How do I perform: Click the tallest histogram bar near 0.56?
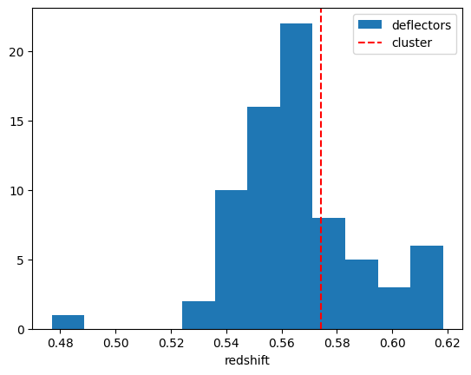click(x=296, y=176)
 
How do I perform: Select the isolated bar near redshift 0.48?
click(x=69, y=322)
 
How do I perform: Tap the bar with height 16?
click(x=264, y=218)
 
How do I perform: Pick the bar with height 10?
click(x=232, y=260)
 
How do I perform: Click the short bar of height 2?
click(x=199, y=315)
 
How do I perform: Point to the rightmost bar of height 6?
click(x=427, y=287)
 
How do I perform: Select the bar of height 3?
click(x=394, y=308)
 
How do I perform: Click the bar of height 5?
click(x=362, y=294)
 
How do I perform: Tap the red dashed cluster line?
click(x=321, y=169)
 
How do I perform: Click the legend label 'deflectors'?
click(x=422, y=25)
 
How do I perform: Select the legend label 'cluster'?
click(x=412, y=43)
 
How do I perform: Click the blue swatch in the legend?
click(x=370, y=24)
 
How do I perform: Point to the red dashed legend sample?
click(x=370, y=43)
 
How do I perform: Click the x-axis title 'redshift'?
click(x=247, y=360)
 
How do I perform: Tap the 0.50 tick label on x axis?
click(x=116, y=343)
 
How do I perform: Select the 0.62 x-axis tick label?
click(x=448, y=343)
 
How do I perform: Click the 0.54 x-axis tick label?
click(x=226, y=343)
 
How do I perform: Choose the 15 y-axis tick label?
click(x=16, y=122)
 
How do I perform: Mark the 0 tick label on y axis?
click(x=21, y=330)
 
